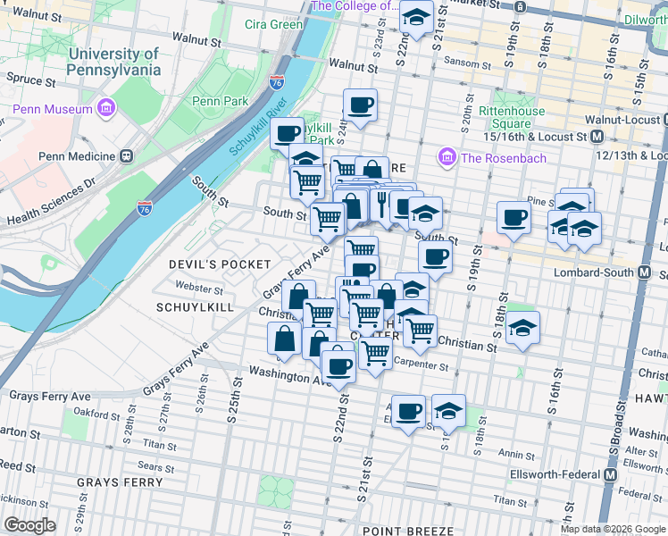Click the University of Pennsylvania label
tap(113, 62)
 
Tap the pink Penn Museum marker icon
tap(107, 109)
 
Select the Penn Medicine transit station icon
tap(127, 155)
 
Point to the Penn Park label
tap(221, 101)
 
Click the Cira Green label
tap(273, 24)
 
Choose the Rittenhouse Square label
tap(511, 117)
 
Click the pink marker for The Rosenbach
tap(447, 158)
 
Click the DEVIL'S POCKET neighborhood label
tap(220, 264)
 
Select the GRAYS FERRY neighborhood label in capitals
tap(120, 482)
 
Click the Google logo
tap(29, 524)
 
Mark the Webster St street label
tap(199, 289)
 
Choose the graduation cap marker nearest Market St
tap(415, 16)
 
